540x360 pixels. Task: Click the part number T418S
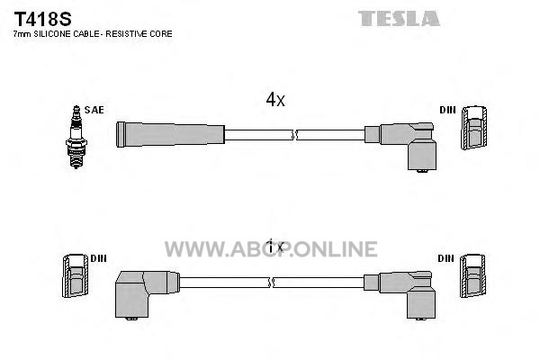pyautogui.click(x=42, y=19)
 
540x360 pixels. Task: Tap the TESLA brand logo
pyautogui.click(x=399, y=19)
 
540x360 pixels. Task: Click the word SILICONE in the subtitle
pyautogui.click(x=52, y=34)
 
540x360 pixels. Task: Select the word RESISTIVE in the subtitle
pyautogui.click(x=121, y=34)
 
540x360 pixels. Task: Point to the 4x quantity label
pyautogui.click(x=275, y=100)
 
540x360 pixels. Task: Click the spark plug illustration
pyautogui.click(x=76, y=137)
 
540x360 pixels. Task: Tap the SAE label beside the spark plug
pyautogui.click(x=94, y=110)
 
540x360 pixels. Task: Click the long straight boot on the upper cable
pyautogui.click(x=170, y=134)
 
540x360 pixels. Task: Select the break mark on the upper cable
pyautogui.click(x=294, y=135)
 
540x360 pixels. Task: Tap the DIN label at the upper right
pyautogui.click(x=447, y=110)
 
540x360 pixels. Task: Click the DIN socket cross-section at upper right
pyautogui.click(x=474, y=128)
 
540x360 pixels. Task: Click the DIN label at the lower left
pyautogui.click(x=98, y=258)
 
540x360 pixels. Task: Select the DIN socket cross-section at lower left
pyautogui.click(x=76, y=276)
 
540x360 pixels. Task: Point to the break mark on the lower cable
pyautogui.click(x=271, y=283)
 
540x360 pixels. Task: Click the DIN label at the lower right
pyautogui.click(x=446, y=258)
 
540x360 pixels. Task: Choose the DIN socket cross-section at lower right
pyautogui.click(x=472, y=276)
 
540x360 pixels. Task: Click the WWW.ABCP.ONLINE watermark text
pyautogui.click(x=271, y=249)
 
